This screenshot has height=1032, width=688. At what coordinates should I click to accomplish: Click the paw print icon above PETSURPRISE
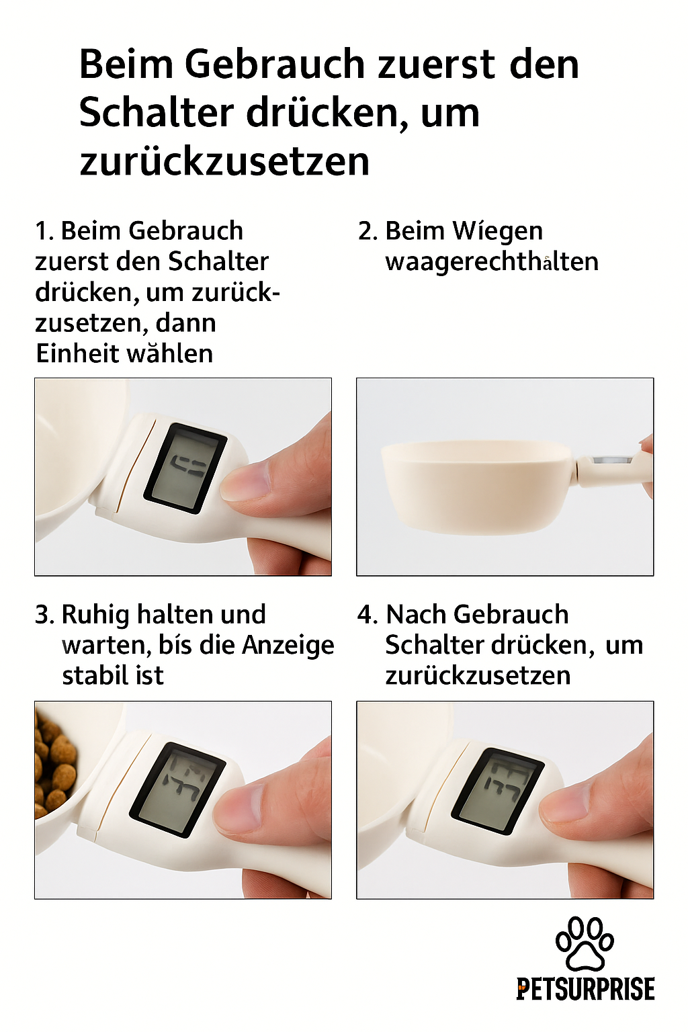pyautogui.click(x=585, y=943)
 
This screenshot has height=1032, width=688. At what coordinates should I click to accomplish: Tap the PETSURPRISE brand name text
pyautogui.click(x=585, y=989)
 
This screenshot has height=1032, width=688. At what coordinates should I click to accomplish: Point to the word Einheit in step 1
pyautogui.click(x=73, y=353)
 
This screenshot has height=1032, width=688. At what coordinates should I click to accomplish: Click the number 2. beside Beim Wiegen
pyautogui.click(x=368, y=230)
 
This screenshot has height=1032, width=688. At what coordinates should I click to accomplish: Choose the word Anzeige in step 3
pyautogui.click(x=288, y=646)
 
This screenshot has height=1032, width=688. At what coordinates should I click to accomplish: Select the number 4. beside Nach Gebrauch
pyautogui.click(x=368, y=615)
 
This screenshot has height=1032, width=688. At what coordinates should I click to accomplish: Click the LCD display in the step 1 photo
pyautogui.click(x=185, y=468)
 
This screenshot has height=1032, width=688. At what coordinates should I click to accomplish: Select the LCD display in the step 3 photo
pyautogui.click(x=177, y=787)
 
